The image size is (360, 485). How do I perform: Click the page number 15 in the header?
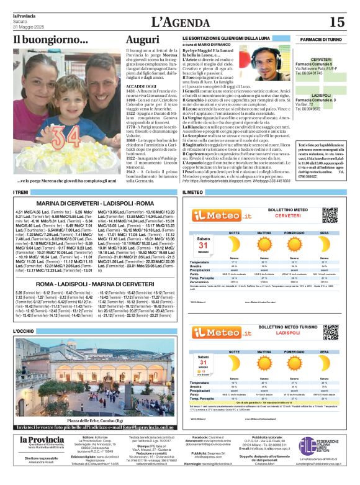pos(336,22)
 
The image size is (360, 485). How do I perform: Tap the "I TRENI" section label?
pos(21,193)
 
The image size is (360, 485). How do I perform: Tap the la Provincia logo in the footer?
pos(42,441)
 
